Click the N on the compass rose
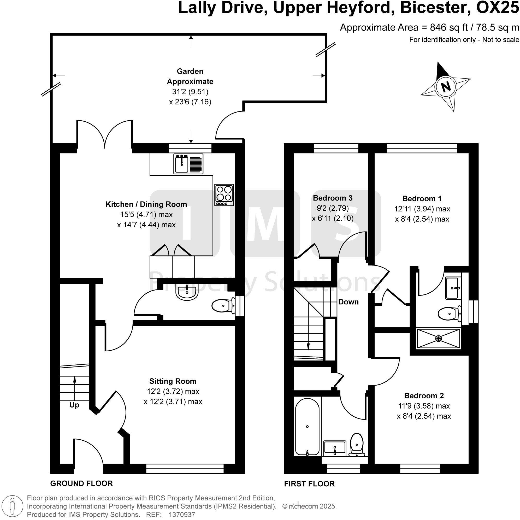(446, 87)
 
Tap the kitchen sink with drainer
(188, 164)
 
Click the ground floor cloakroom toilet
(223, 306)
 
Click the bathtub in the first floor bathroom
(307, 427)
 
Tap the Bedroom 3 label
(332, 198)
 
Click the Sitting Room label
(173, 381)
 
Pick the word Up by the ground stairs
(74, 405)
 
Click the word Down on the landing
(348, 302)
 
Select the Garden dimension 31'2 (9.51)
(190, 92)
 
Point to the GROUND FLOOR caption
(81, 483)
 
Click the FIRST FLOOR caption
(309, 484)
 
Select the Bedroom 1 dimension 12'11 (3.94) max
(422, 209)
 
